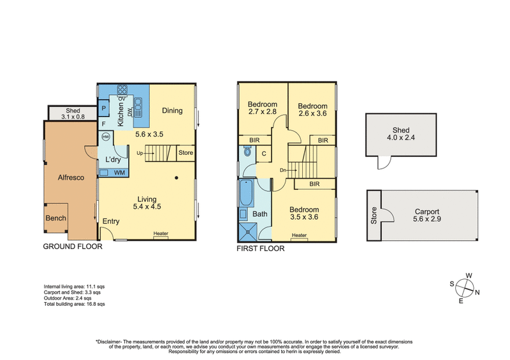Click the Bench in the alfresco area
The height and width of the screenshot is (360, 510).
click(x=55, y=219)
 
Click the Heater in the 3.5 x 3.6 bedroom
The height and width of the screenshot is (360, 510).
click(x=299, y=235)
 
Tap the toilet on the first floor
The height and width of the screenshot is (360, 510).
click(x=247, y=153)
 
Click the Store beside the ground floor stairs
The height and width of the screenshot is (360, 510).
click(x=186, y=153)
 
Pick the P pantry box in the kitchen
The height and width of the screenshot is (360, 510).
click(x=103, y=108)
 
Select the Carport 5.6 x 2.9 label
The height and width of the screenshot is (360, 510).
click(x=427, y=215)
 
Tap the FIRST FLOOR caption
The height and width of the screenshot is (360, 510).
click(x=260, y=248)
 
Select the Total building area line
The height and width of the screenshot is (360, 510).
click(x=74, y=305)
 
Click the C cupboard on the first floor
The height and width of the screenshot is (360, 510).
click(x=263, y=154)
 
